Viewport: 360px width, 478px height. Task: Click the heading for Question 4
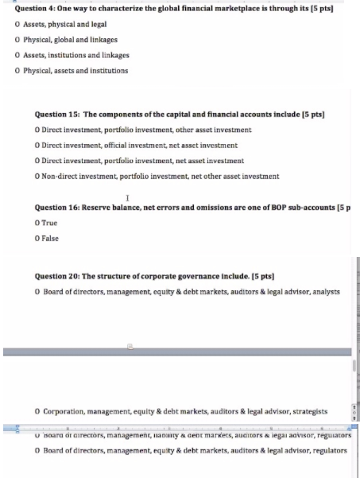(x=167, y=8)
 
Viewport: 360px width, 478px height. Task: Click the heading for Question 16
(x=191, y=208)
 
